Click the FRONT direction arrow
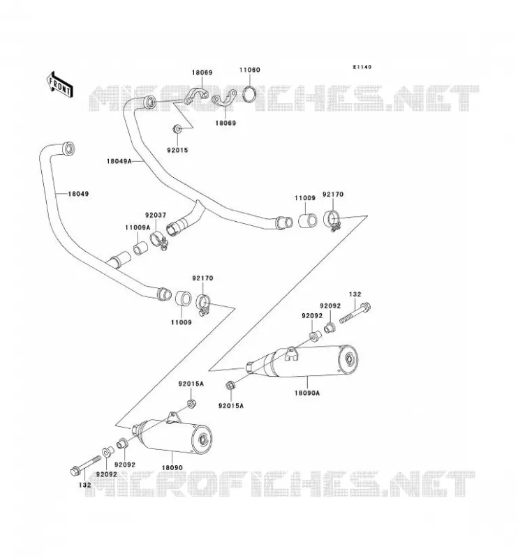[x=60, y=84]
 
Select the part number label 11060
[x=249, y=70]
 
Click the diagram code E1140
[x=362, y=67]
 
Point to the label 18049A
[x=119, y=161]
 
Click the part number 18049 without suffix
[x=78, y=194]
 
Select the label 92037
[x=156, y=216]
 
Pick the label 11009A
[x=138, y=227]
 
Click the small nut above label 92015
[x=177, y=128]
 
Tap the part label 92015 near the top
[x=177, y=150]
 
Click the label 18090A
[x=307, y=393]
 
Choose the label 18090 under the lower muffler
[x=172, y=467]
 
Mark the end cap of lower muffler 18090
[x=202, y=440]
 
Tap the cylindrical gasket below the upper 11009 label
[x=307, y=221]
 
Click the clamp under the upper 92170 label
[x=332, y=220]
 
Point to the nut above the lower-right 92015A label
[x=230, y=385]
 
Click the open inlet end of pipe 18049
[x=68, y=148]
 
